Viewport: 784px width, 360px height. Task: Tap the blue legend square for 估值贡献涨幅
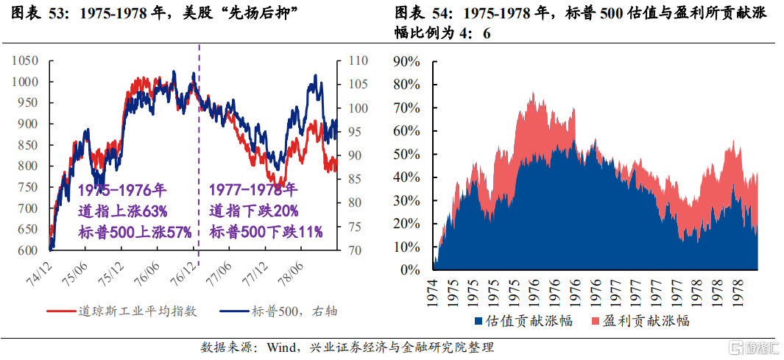coord(478,321)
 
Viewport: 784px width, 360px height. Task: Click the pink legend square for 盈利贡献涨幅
coord(595,321)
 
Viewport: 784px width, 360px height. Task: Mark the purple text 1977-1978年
coord(253,190)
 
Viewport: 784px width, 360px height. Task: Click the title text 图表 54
coord(422,13)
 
